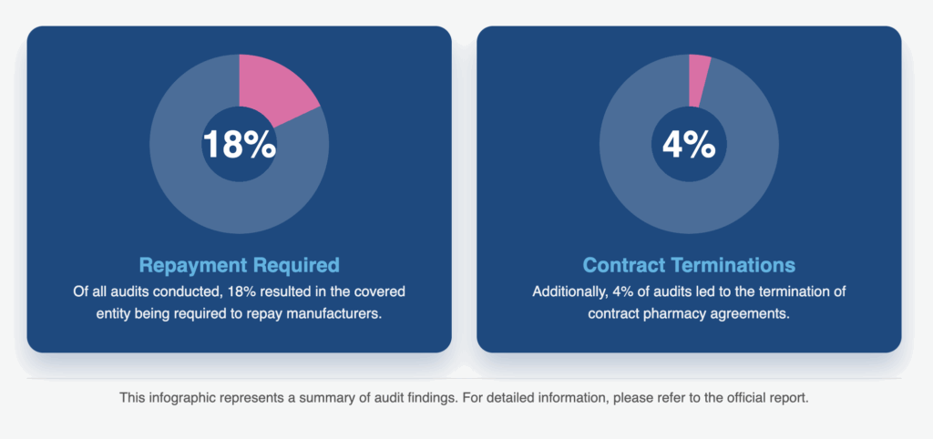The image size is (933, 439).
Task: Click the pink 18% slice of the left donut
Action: (x=277, y=87)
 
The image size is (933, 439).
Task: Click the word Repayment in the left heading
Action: (x=190, y=265)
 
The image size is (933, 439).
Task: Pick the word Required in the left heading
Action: (x=293, y=265)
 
